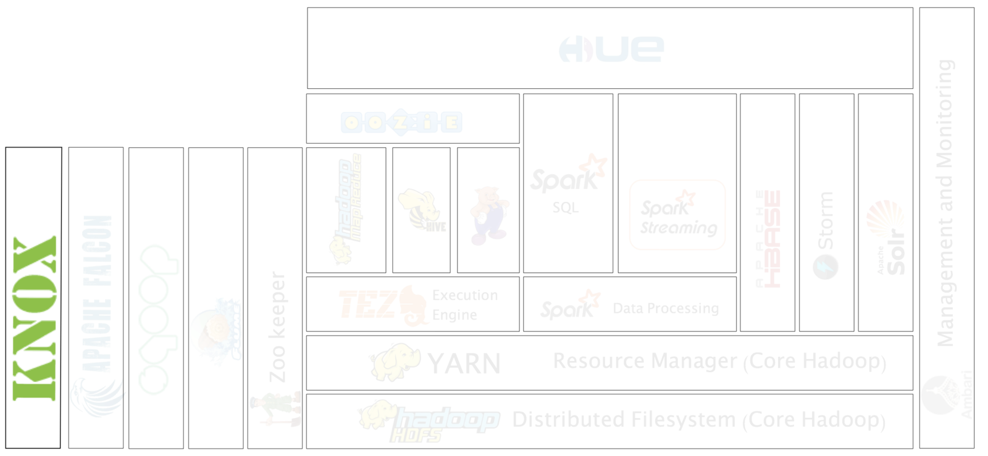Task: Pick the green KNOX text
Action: [35, 318]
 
